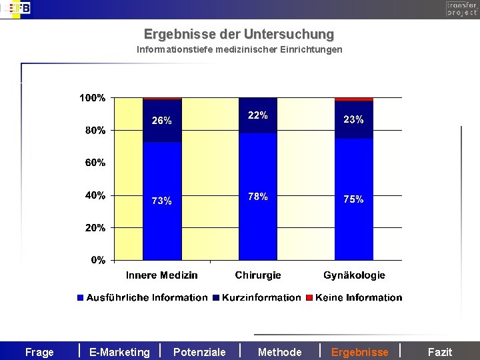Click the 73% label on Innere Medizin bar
click(162, 201)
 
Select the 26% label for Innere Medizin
click(162, 121)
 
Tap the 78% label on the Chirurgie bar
click(258, 197)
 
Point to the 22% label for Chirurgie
click(258, 115)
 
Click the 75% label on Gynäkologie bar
click(353, 199)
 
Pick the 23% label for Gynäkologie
click(353, 120)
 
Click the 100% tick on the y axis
click(92, 98)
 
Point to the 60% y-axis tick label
click(95, 163)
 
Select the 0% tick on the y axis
click(97, 260)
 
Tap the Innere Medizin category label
click(162, 275)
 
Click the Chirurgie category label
click(258, 275)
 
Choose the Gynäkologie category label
click(354, 275)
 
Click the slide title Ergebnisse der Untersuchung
click(239, 33)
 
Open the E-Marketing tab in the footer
click(119, 352)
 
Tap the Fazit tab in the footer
click(439, 352)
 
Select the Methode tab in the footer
click(279, 352)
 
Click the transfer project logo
click(461, 9)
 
